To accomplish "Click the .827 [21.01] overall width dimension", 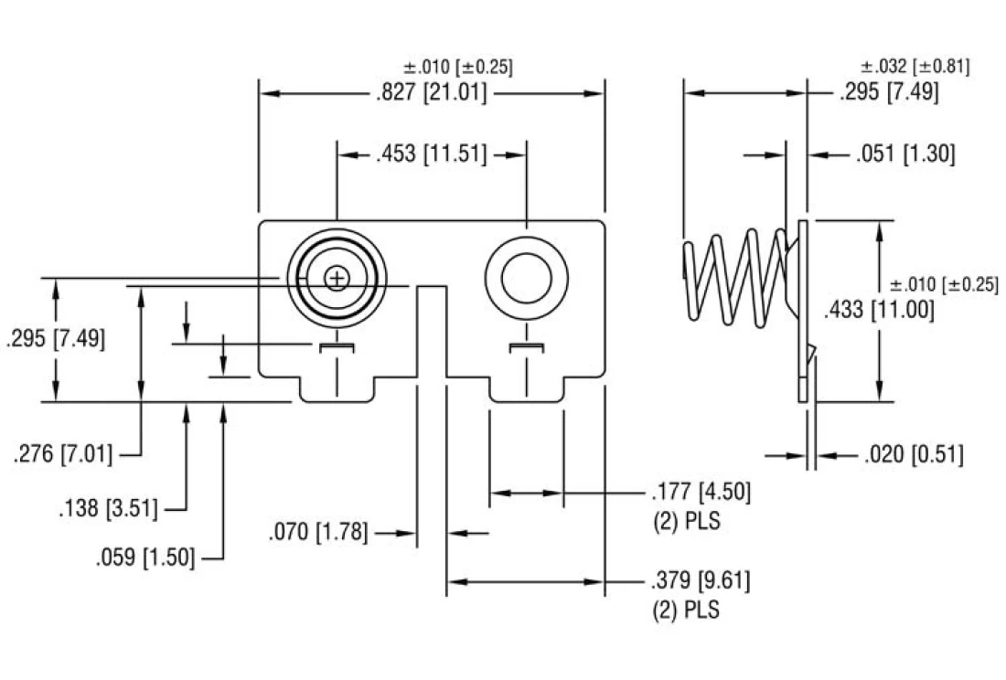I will click(431, 93).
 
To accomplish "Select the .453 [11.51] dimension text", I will click(431, 154).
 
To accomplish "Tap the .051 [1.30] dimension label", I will click(905, 154).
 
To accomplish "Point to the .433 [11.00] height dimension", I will click(879, 310).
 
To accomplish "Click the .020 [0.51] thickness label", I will click(913, 454).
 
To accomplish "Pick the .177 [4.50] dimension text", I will click(701, 493).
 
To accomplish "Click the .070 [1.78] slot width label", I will click(318, 532).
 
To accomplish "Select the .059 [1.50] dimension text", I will click(145, 557).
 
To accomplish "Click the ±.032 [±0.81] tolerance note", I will click(915, 67).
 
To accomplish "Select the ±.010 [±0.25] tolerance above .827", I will click(457, 68).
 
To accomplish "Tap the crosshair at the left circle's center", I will click(337, 277).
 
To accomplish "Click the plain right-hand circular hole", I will click(526, 277).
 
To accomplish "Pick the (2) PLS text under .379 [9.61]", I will click(685, 610).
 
